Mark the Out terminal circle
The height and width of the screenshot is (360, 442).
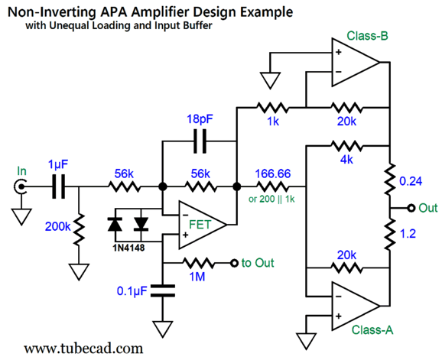pyautogui.click(x=411, y=207)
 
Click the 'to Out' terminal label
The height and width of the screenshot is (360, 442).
pyautogui.click(x=258, y=264)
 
